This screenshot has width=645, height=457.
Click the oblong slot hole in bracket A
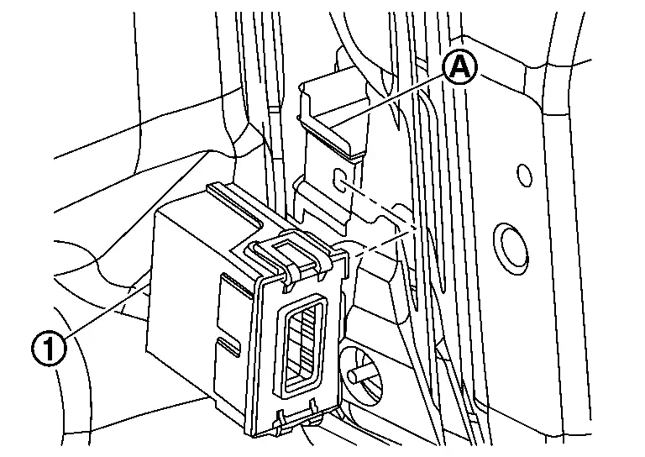[x=339, y=179]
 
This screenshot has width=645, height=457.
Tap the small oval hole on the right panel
[x=524, y=175]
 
